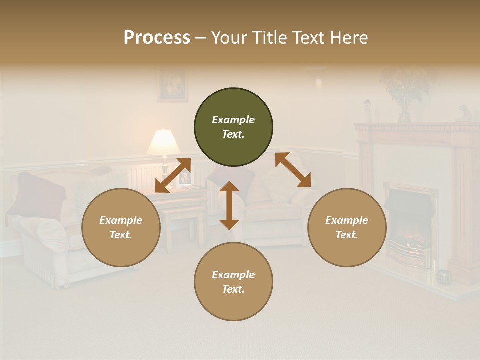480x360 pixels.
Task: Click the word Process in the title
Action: click(157, 38)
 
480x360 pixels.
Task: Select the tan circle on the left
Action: click(121, 227)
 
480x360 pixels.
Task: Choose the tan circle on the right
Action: click(347, 227)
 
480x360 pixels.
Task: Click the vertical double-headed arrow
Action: click(229, 205)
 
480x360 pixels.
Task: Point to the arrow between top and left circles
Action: click(173, 175)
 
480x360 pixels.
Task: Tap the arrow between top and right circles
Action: click(293, 170)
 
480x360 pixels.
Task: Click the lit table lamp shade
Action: click(163, 142)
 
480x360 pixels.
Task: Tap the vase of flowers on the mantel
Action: click(406, 97)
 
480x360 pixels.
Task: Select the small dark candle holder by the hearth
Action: click(443, 276)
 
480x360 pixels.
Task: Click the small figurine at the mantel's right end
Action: click(463, 114)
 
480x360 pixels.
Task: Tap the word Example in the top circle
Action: click(233, 120)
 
